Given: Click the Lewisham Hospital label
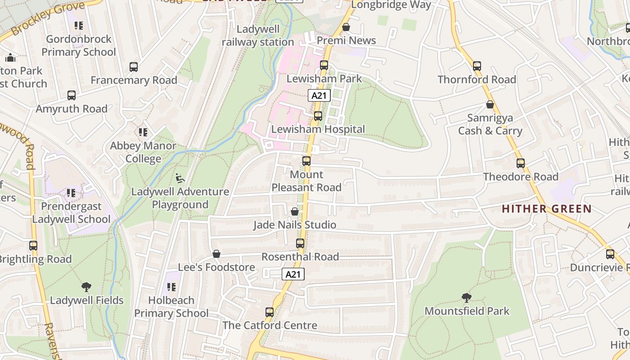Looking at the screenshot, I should tap(318, 129).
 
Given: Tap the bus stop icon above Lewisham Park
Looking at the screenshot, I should tap(324, 65).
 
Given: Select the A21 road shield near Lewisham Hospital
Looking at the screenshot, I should tap(319, 95).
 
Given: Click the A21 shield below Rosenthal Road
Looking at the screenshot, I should tap(293, 274).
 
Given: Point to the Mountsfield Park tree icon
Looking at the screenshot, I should tap(467, 297).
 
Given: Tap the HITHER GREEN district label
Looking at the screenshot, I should tap(546, 209).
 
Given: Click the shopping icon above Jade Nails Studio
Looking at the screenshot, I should tap(295, 211).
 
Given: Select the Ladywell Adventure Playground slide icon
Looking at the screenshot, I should tap(180, 178).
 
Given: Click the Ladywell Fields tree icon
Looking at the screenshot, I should tap(86, 287).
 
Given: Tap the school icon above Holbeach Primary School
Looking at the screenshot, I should tap(171, 287).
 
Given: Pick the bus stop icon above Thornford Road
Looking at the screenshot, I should tap(477, 66).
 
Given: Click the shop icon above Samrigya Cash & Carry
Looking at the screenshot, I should tap(490, 105).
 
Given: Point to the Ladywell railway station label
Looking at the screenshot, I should tap(258, 36).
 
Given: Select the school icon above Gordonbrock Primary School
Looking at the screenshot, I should tap(79, 26).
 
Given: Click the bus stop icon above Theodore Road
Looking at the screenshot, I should tap(521, 163).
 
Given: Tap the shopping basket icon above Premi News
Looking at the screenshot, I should tap(346, 27).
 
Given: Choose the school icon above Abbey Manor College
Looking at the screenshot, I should tap(143, 132).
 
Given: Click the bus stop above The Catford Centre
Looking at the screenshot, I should tap(270, 312).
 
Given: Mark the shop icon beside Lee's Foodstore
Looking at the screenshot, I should tap(216, 254).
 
